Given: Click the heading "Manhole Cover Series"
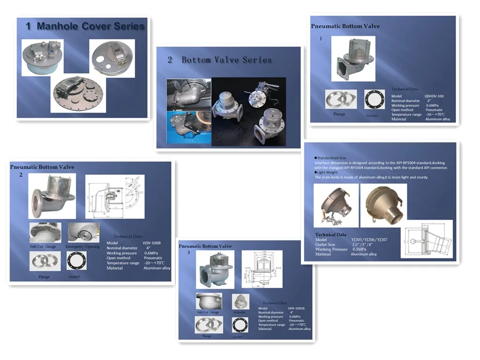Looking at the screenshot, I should pyautogui.click(x=90, y=26).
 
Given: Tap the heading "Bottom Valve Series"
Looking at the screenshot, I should pyautogui.click(x=226, y=60).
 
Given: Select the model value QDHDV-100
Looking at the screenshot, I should pyautogui.click(x=434, y=96).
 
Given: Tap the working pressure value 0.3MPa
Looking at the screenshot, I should pyautogui.click(x=359, y=249).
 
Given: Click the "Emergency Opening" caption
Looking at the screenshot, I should pyautogui.click(x=82, y=246).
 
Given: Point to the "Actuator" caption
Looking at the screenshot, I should pyautogui.click(x=239, y=312).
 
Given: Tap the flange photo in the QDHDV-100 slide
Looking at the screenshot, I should pyautogui.click(x=341, y=99).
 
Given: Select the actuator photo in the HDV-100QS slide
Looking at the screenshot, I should pyautogui.click(x=240, y=301).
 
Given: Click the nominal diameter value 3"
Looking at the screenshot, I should pyautogui.click(x=428, y=101).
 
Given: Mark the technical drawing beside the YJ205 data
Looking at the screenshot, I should pyautogui.click(x=426, y=239).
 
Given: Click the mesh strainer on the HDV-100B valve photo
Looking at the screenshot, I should pyautogui.click(x=57, y=184).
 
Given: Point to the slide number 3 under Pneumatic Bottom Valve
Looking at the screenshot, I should pyautogui.click(x=188, y=252).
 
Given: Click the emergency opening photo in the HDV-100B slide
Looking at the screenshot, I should pyautogui.click(x=83, y=232).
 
